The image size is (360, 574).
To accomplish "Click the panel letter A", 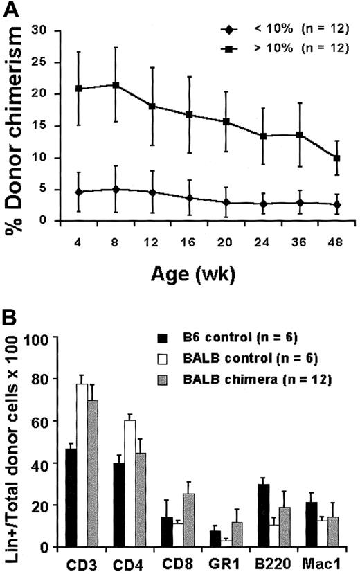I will (x=14, y=10).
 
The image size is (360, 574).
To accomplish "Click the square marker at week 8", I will (x=115, y=85).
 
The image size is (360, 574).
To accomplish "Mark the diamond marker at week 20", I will (x=226, y=202).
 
